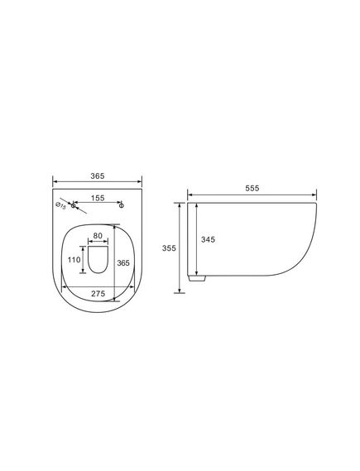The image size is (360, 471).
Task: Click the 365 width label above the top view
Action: click(x=98, y=176)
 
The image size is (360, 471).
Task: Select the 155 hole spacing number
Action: click(x=98, y=199)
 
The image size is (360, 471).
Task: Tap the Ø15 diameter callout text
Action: click(x=61, y=206)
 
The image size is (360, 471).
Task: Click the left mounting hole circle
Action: click(x=73, y=205)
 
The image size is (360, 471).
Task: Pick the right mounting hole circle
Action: click(x=122, y=205)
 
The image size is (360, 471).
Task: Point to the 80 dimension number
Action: click(x=98, y=236)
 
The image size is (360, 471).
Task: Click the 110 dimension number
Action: click(x=74, y=260)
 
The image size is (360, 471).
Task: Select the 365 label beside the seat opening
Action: click(x=123, y=263)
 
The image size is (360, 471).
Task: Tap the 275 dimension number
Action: click(x=98, y=294)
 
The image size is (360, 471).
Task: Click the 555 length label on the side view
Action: click(x=252, y=189)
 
